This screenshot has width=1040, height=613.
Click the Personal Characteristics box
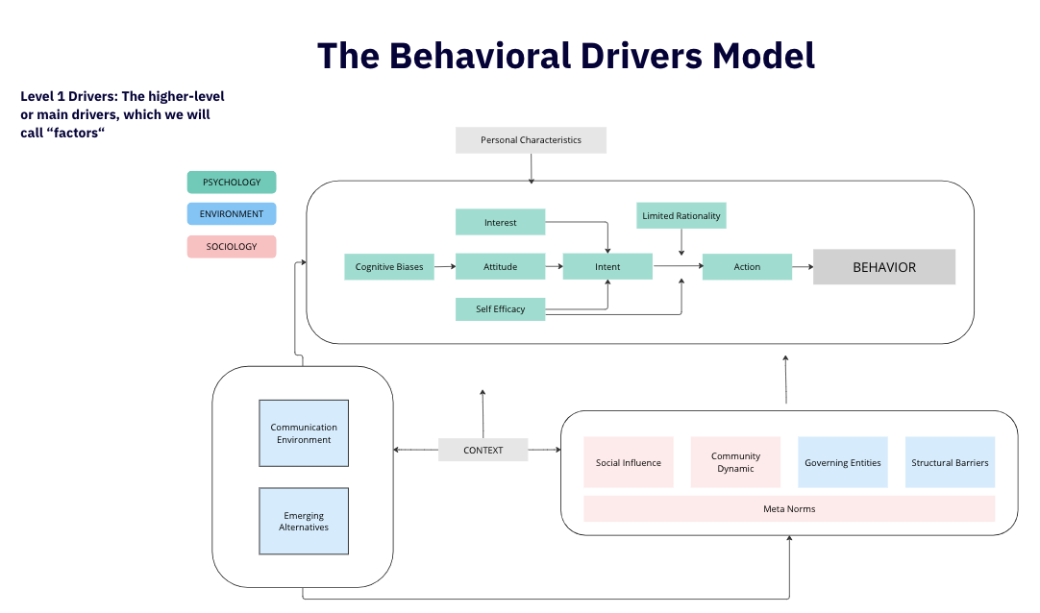point(531,140)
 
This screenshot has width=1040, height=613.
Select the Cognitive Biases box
point(389,266)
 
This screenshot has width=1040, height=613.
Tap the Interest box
point(500,222)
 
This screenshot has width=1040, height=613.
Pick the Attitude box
point(500,266)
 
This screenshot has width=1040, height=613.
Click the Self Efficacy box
point(500,308)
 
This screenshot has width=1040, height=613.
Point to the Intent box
point(607,266)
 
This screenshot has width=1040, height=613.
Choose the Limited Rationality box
point(681,215)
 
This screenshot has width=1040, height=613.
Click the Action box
point(747,266)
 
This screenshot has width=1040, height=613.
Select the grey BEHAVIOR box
point(884,267)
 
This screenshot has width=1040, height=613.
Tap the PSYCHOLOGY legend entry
point(232,183)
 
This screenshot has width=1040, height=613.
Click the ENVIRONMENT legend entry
point(232,214)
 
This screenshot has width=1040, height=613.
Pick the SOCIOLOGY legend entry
point(232,247)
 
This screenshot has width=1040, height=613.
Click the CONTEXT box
point(483,450)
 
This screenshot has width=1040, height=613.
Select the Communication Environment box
point(304,433)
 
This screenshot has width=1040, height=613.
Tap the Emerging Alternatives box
point(304,521)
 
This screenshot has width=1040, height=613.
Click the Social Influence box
point(628,462)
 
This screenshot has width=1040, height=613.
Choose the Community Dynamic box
point(735,462)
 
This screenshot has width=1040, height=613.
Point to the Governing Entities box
point(843,462)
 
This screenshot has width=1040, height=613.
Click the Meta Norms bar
point(789,509)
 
